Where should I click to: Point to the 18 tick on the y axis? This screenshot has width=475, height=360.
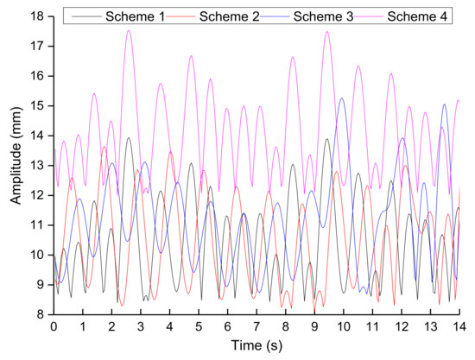pos(37,16)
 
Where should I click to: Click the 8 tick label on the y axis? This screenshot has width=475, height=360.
pos(41,314)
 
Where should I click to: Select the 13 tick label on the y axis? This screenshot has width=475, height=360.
pos(37,165)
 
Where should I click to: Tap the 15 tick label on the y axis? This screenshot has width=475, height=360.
pos(37,105)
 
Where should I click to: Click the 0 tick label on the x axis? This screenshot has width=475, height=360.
pos(54,328)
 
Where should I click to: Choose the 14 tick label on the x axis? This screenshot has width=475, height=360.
pos(459,328)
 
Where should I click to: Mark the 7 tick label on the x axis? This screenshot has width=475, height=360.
pos(256,328)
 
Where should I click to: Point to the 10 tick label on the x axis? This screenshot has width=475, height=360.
pos(344,328)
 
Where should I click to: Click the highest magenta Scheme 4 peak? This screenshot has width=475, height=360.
pos(129,30)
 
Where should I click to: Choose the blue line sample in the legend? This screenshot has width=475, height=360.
pos(266,16)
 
